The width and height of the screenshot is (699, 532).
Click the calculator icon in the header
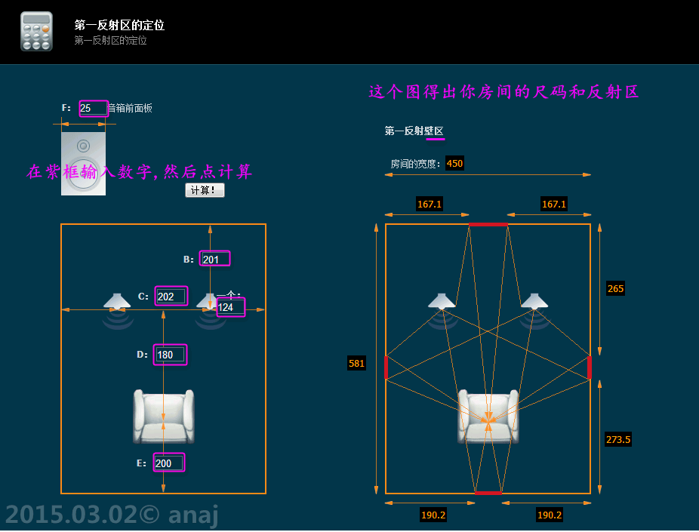[x=36, y=31]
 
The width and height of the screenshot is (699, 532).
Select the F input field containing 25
[x=93, y=108]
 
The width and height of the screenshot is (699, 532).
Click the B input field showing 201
[x=214, y=259]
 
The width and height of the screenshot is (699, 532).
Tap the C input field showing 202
[x=170, y=296]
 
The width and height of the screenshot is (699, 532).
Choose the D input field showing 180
[x=170, y=355]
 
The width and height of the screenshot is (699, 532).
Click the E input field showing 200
[x=168, y=463]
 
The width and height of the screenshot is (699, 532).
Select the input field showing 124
[x=230, y=307]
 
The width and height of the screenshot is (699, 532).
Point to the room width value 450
[x=454, y=163]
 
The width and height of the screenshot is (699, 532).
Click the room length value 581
[x=356, y=363]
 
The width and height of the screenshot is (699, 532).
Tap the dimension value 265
[x=615, y=288]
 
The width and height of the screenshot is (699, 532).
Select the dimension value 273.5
[x=618, y=439]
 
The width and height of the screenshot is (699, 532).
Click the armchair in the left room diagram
[x=163, y=416]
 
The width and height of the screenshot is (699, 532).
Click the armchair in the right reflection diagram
[x=488, y=416]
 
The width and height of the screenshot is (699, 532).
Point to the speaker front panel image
[x=83, y=164]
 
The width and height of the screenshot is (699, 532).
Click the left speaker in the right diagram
[x=442, y=301]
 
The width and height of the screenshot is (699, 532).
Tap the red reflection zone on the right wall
[x=589, y=367]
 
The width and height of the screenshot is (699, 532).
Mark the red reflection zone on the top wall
[x=488, y=224]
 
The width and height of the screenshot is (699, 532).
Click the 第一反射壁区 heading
[x=414, y=131]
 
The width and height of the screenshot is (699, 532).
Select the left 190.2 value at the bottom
[x=433, y=515]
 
